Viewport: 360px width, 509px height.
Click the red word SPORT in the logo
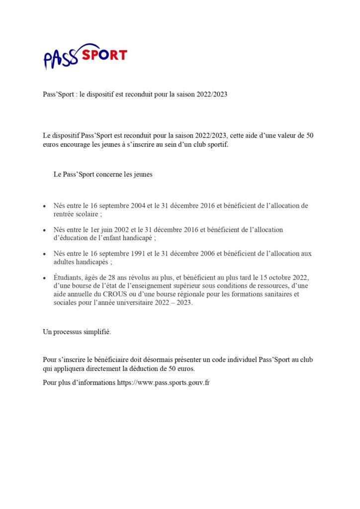[x=104, y=55]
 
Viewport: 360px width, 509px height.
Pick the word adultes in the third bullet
[x=66, y=261]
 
